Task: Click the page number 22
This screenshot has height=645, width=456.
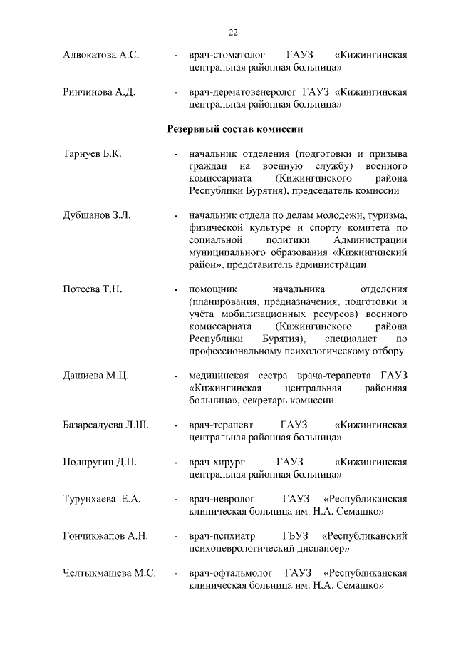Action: pos(233,32)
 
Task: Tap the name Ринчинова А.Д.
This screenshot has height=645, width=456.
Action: pos(100,93)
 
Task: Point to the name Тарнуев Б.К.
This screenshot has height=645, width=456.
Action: pos(92,154)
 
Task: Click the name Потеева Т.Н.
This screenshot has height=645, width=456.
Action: pos(93,289)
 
